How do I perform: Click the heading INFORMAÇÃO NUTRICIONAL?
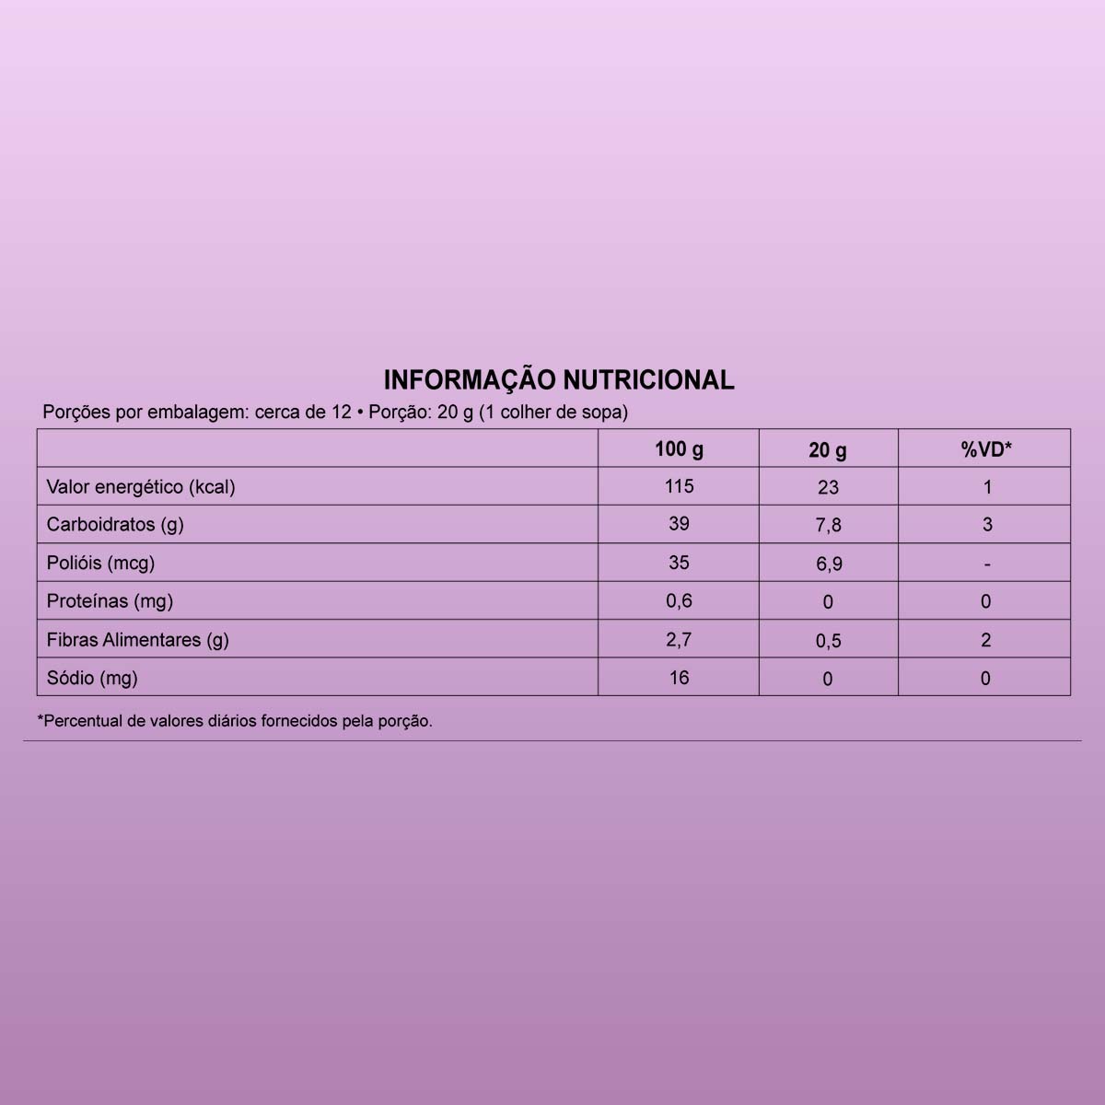pos(558,379)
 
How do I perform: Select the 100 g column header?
pos(679,449)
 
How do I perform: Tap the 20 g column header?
pos(828,450)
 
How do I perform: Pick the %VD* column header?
pos(986,450)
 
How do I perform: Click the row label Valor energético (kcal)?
pos(141,487)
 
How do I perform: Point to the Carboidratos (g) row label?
pos(115,525)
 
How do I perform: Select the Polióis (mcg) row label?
pos(100,563)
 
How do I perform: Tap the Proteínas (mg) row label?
pos(110,601)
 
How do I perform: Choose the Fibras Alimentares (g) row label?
pos(137,640)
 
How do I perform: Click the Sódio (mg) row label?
pos(92,679)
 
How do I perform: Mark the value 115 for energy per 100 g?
pos(679,486)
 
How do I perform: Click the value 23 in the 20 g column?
pos(828,488)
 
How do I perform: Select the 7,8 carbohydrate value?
pos(829,525)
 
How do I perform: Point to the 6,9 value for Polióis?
pos(829,564)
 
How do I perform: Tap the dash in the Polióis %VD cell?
pos(986,564)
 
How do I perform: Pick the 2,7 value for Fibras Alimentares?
pos(679,639)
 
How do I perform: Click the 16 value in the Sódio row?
pos(679,678)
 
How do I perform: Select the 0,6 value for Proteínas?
pos(679,600)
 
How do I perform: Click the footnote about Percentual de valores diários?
pos(235,721)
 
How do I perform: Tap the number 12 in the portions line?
pos(341,413)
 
